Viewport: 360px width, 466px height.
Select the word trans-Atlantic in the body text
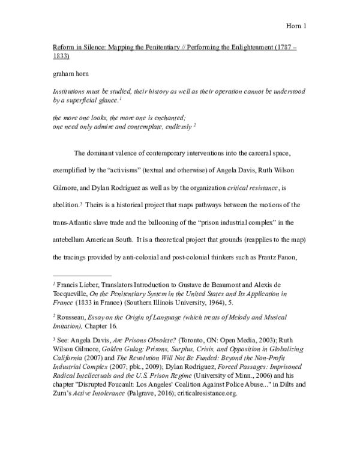point(71,223)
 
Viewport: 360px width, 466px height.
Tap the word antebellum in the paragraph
point(71,241)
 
